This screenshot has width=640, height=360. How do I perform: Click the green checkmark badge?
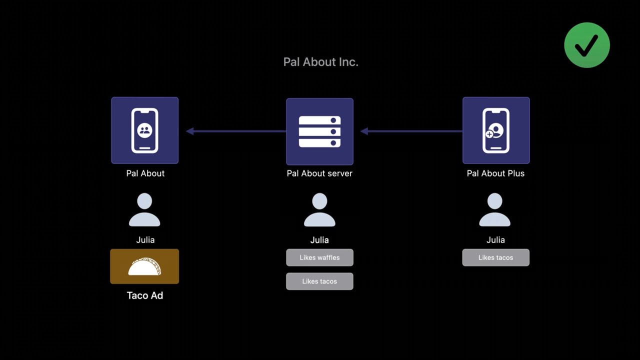(586, 45)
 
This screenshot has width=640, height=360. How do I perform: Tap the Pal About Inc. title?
(320, 62)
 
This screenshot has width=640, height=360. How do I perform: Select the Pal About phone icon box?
(144, 130)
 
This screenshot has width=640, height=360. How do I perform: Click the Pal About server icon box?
(319, 131)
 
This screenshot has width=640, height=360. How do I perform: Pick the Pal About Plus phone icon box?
(495, 130)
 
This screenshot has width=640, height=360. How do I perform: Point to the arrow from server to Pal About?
(235, 131)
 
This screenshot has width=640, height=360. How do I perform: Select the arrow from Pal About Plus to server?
(411, 131)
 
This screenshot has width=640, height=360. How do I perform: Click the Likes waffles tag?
(319, 257)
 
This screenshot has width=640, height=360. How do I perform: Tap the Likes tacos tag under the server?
(319, 281)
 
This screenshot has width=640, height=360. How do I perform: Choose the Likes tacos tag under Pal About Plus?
(495, 257)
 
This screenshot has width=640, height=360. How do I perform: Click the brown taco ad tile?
(144, 266)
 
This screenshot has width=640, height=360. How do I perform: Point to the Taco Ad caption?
(144, 295)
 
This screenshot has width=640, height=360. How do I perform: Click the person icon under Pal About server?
(319, 210)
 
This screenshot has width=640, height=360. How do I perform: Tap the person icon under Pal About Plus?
(495, 210)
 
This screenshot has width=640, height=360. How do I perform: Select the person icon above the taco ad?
(144, 210)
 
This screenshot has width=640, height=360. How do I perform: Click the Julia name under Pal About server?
(319, 240)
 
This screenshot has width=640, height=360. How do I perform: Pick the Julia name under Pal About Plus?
(495, 240)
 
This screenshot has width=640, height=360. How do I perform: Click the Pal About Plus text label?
(495, 173)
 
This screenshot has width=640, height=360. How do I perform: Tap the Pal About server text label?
(319, 173)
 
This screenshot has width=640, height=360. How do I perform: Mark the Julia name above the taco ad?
(145, 240)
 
